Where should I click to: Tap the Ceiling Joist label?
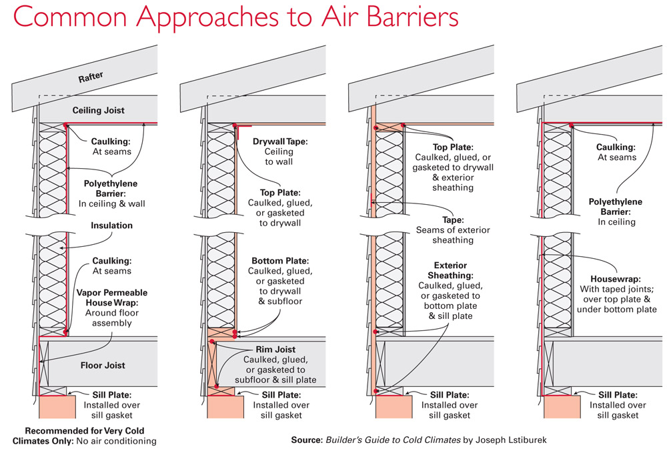coord(98,110)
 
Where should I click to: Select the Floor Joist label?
coord(103,365)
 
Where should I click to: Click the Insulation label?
coord(111,225)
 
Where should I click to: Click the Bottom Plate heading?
coord(280,260)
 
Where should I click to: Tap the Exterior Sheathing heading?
coord(450,270)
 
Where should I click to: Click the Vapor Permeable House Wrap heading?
coord(111,298)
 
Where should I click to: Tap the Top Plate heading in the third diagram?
coord(453,146)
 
